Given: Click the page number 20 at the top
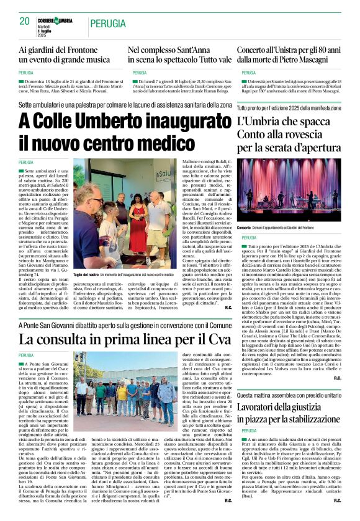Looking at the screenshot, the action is click(x=25, y=20).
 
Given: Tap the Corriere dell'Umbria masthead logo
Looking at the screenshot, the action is click(x=60, y=20).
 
